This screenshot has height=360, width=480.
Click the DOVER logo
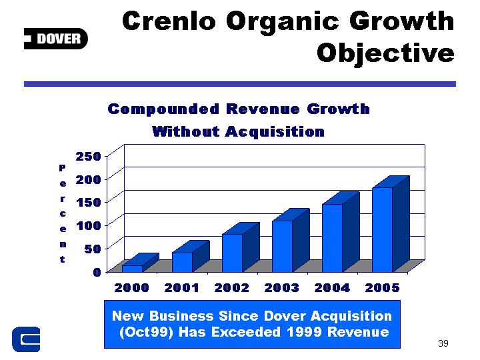click(56, 39)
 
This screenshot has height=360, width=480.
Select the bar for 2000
click(141, 263)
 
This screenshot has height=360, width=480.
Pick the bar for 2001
click(191, 256)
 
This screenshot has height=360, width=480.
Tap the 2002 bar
click(241, 247)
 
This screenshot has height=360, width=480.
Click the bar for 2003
click(291, 240)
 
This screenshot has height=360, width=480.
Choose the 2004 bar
click(341, 232)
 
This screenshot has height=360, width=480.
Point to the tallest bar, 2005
click(391, 224)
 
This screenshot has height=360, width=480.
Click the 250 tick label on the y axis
click(89, 157)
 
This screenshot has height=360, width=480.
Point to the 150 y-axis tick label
click(89, 203)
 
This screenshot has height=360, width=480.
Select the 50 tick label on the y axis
click(93, 249)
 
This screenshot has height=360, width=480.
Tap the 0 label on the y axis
click(97, 272)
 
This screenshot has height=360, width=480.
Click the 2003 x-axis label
click(281, 288)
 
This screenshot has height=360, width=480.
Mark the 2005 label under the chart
click(383, 288)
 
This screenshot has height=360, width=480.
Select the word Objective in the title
click(385, 54)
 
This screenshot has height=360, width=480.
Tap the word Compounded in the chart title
click(163, 109)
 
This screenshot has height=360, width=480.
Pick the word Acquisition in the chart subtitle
click(275, 131)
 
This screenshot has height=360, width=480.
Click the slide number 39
click(443, 343)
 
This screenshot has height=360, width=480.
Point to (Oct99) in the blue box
click(146, 332)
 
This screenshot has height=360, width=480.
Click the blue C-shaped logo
click(26, 339)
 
